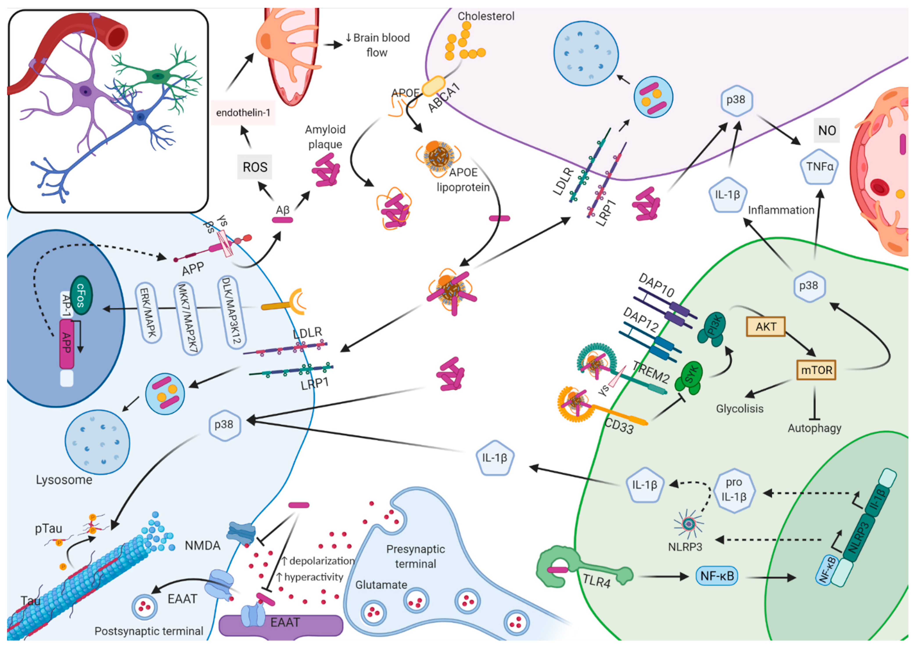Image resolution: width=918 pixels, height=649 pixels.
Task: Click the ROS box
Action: click(255, 167)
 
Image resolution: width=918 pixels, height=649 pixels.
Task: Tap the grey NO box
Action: click(827, 130)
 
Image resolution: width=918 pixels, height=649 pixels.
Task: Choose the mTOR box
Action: click(816, 370)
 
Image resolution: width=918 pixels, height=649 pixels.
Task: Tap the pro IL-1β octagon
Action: click(734, 490)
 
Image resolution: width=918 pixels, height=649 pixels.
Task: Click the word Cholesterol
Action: click(486, 16)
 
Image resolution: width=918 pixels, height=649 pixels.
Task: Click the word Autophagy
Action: click(814, 428)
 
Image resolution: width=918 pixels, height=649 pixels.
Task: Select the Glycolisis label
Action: click(740, 409)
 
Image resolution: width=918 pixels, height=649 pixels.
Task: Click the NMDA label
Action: click(202, 545)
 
